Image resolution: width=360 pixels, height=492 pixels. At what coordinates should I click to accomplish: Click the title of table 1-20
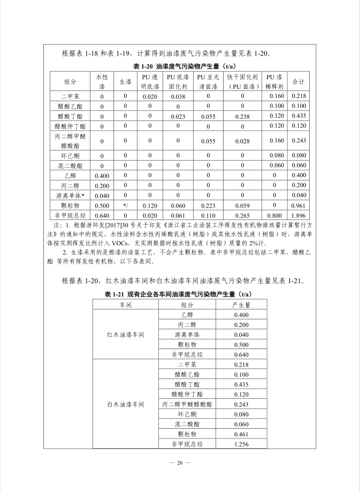[180, 66]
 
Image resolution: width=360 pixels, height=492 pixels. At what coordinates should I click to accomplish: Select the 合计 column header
[299, 82]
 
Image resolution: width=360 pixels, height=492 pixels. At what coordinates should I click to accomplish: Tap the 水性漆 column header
[102, 82]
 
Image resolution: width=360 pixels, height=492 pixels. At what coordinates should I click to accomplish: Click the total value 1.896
[299, 215]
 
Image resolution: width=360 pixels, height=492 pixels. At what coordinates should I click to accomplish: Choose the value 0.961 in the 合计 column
[299, 206]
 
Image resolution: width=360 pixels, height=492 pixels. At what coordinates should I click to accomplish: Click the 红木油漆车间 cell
[126, 335]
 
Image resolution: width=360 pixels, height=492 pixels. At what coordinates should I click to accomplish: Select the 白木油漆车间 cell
[126, 404]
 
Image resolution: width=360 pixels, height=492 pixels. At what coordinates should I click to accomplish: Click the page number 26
[180, 463]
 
